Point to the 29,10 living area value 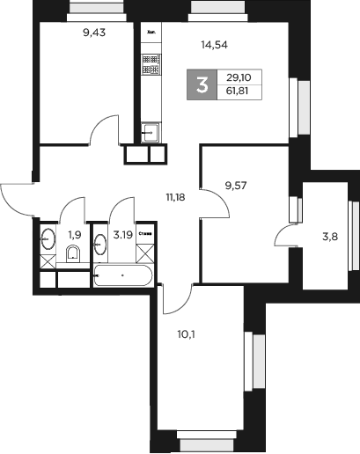pyautogui.click(x=238, y=77)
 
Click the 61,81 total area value pyautogui.click(x=238, y=92)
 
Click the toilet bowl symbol pyautogui.click(x=73, y=255)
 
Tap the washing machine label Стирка pyautogui.click(x=145, y=234)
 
